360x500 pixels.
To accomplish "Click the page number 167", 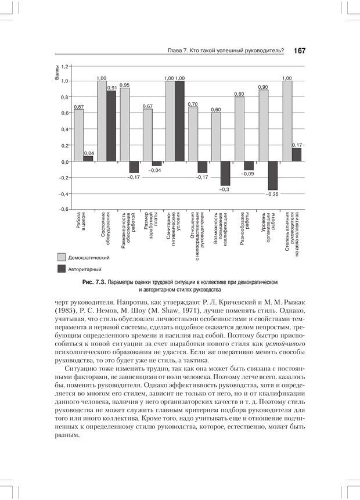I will click(300, 51).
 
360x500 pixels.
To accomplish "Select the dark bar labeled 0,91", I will click(111, 125).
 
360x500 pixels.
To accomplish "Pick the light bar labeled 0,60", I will click(216, 137).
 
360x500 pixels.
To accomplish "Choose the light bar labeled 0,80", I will click(239, 129).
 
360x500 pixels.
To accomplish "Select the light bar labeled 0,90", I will click(263, 125).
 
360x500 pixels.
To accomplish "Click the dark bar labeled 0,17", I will click(296, 154).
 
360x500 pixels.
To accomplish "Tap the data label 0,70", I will click(193, 104).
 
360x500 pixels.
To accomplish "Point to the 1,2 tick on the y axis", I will click(64, 67).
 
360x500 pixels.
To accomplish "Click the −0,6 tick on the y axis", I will click(63, 209).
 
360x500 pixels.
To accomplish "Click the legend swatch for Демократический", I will click(62, 257).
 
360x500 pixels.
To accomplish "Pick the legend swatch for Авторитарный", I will click(62, 269).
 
